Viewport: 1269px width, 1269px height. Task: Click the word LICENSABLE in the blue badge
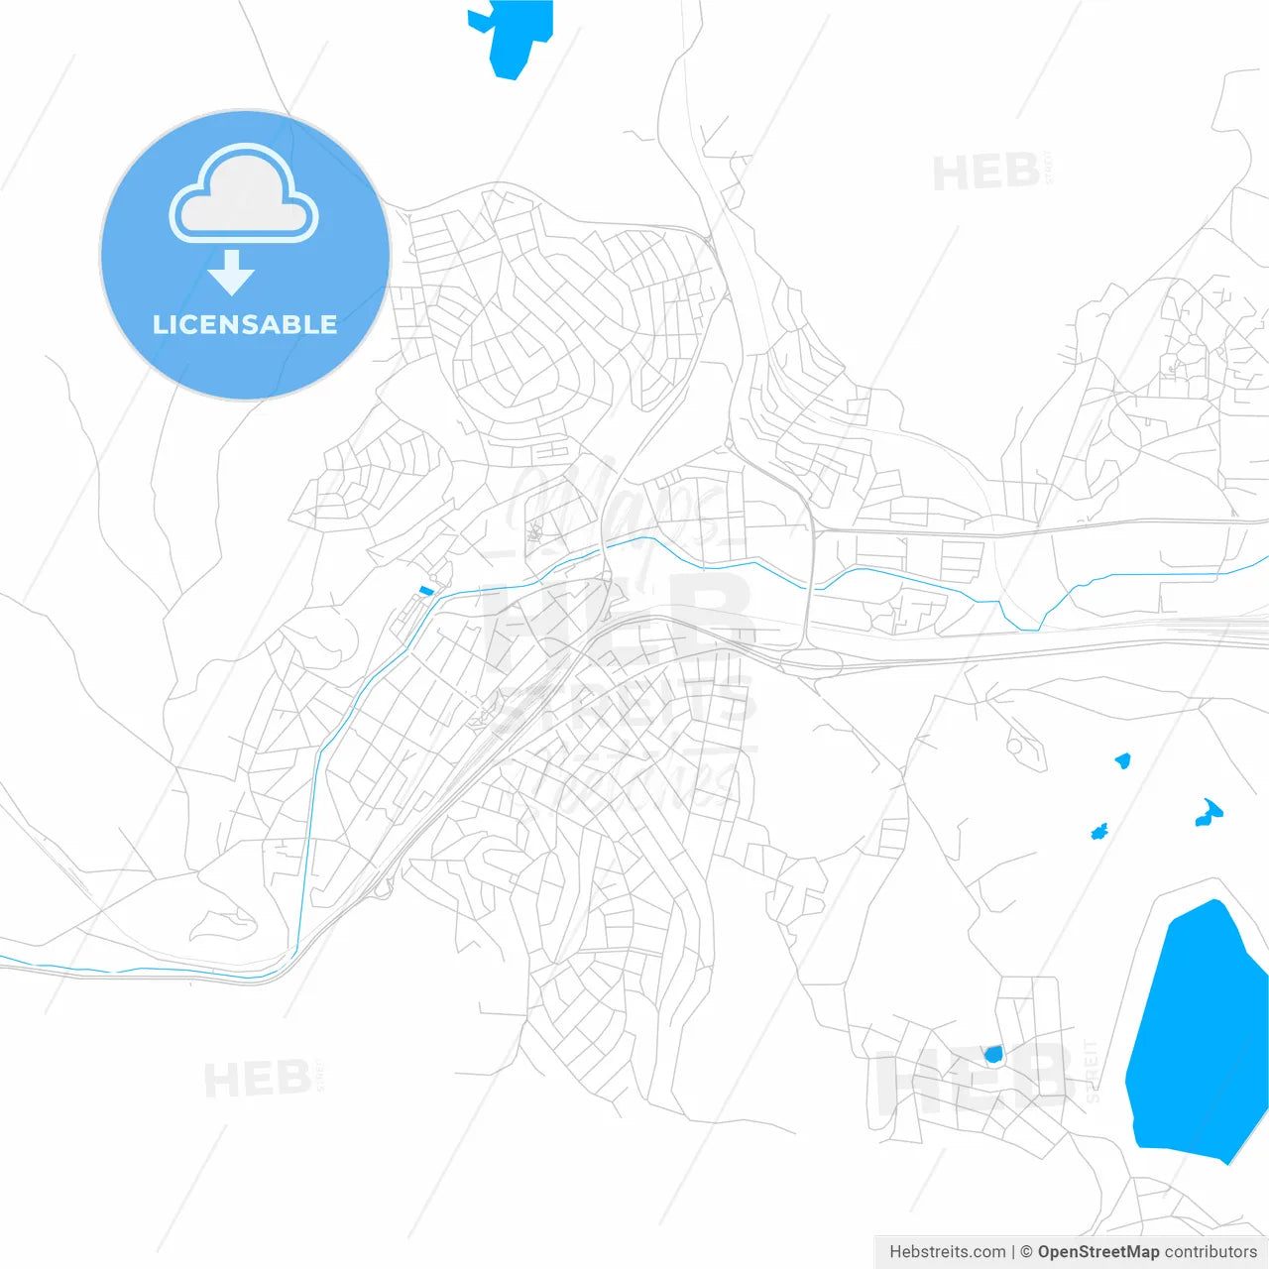click(245, 325)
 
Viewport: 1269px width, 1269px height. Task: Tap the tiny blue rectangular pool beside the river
click(426, 591)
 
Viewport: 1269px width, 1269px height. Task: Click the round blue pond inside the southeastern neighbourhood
click(993, 1054)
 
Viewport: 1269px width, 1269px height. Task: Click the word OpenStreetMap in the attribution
click(1097, 1252)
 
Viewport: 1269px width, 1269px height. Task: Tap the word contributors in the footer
click(1211, 1252)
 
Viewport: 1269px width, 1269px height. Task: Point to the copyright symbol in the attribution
click(1026, 1252)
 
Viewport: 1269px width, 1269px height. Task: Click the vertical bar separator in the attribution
click(1013, 1252)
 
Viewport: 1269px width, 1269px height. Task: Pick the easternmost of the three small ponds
click(1209, 814)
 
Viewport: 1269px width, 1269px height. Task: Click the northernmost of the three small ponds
click(1122, 760)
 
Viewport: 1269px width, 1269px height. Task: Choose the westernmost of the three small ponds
click(1098, 831)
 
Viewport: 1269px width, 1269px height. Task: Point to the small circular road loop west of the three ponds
click(1015, 745)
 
